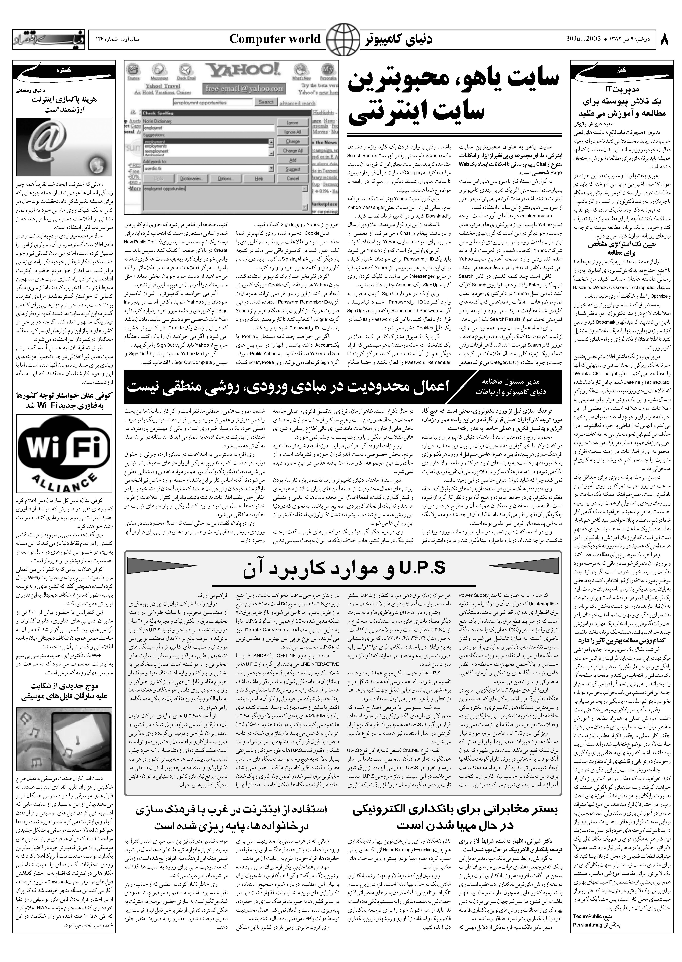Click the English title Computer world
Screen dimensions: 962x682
[275, 40]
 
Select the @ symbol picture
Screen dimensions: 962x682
[64, 147]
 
